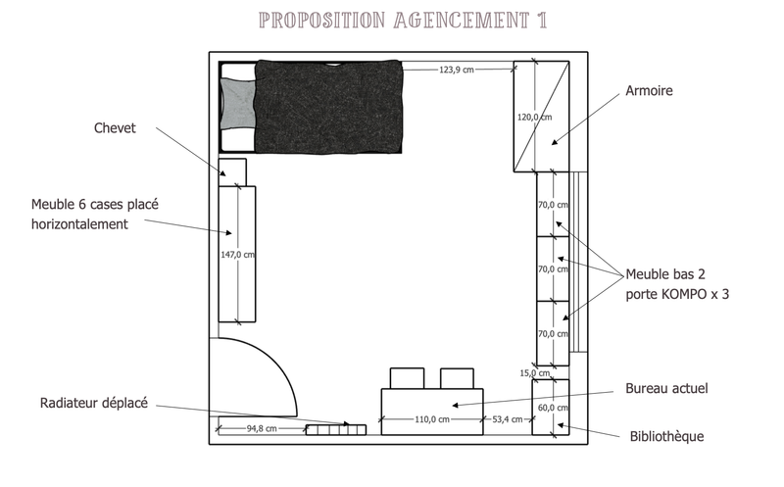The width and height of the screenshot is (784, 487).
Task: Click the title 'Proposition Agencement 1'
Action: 403,21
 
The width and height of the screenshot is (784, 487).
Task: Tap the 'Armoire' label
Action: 649,90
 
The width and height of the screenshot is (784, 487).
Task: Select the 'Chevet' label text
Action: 115,128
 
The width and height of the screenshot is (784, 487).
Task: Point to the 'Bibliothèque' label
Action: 666,436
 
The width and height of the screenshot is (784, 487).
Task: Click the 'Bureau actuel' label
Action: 666,388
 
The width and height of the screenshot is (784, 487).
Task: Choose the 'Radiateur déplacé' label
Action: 94,403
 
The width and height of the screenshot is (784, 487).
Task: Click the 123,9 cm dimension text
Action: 457,70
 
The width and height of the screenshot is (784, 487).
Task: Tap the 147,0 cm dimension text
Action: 237,255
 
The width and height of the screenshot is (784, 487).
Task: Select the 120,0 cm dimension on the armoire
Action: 534,117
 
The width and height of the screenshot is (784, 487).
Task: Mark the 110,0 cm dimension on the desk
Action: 432,419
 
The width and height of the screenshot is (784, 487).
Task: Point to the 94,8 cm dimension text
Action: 262,428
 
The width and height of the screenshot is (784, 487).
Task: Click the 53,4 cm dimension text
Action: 508,419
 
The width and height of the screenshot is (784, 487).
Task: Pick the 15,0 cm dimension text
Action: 534,373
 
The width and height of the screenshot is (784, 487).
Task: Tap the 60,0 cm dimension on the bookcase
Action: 553,408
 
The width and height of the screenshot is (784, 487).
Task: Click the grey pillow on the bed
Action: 238,104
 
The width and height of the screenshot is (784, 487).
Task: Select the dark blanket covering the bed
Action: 328,107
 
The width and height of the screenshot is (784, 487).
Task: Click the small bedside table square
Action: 232,172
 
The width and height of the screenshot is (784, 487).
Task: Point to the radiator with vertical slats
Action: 336,429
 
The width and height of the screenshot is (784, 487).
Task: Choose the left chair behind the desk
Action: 407,378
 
